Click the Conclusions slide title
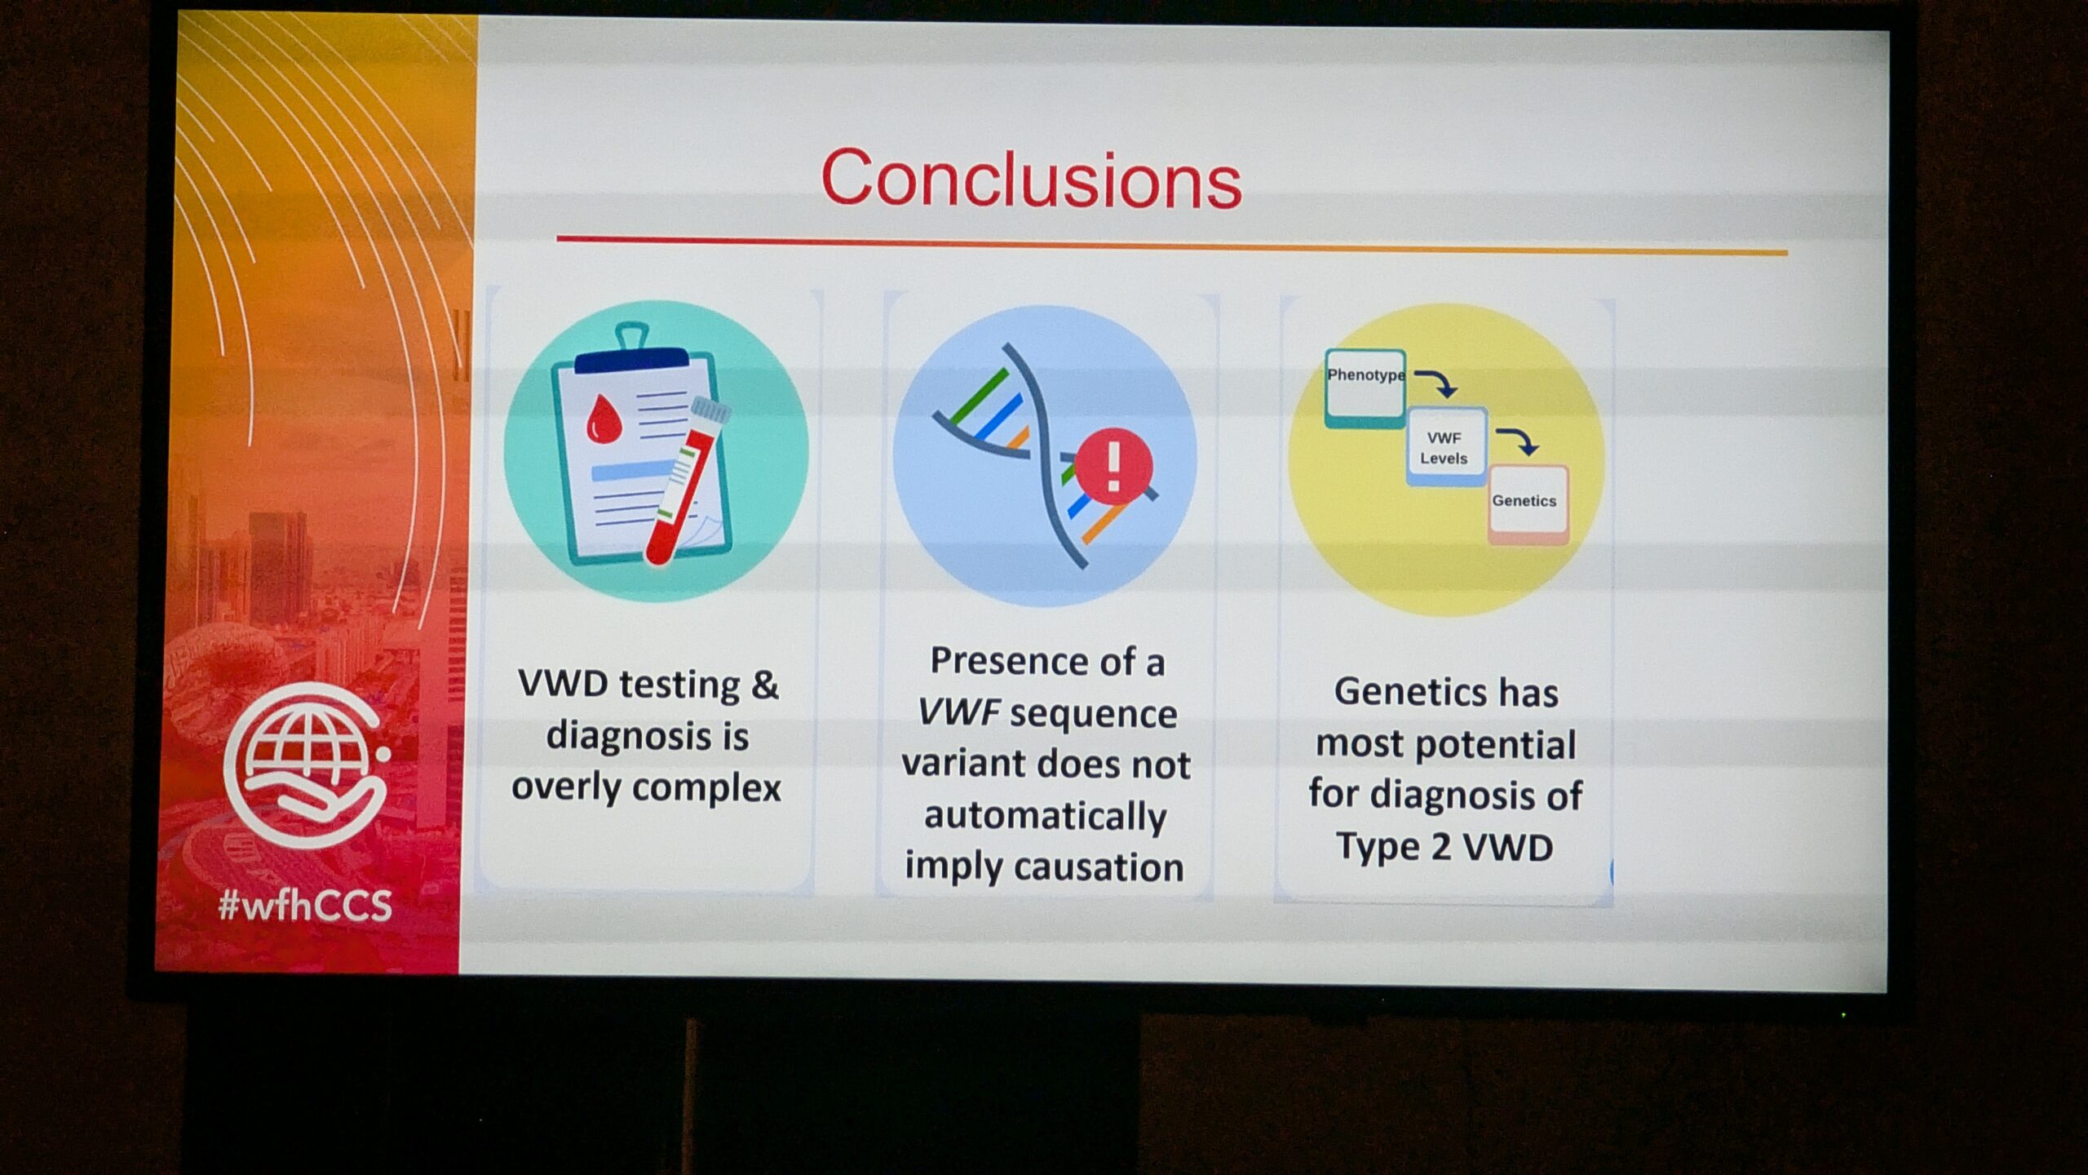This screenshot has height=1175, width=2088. [x=1031, y=179]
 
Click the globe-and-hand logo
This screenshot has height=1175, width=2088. [x=307, y=765]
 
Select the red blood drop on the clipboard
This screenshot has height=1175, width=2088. [x=604, y=419]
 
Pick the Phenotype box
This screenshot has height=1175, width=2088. [x=1365, y=388]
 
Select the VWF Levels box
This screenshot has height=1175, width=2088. [x=1446, y=447]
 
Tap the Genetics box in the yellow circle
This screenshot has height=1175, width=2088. [x=1528, y=504]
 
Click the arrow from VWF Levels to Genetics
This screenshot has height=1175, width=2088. [x=1520, y=440]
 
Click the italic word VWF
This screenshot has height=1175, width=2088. [x=958, y=712]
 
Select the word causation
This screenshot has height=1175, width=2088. [x=1100, y=867]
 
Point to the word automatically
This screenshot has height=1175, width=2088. [x=1046, y=817]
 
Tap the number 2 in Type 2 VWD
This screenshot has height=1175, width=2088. [x=1442, y=847]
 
